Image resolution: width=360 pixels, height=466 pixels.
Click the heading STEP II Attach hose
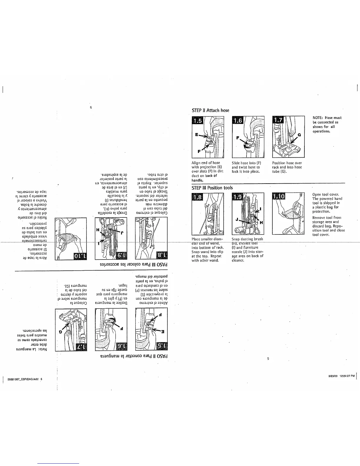click(210, 110)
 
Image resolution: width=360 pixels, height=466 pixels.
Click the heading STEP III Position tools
click(212, 188)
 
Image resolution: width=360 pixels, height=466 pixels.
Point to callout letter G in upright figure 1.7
click(300, 135)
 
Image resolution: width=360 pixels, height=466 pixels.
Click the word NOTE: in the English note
click(318, 118)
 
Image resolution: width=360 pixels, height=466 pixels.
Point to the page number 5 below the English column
click(268, 359)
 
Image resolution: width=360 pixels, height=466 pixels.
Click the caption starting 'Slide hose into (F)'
click(246, 167)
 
